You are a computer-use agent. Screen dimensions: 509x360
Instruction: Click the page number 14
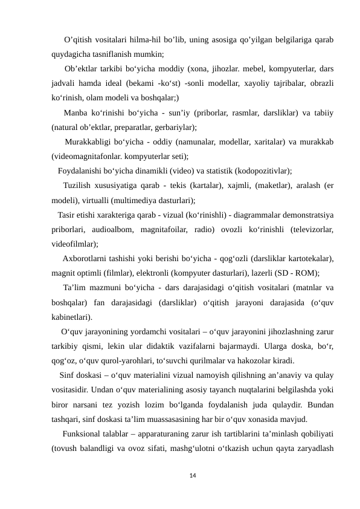click(192, 477)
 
